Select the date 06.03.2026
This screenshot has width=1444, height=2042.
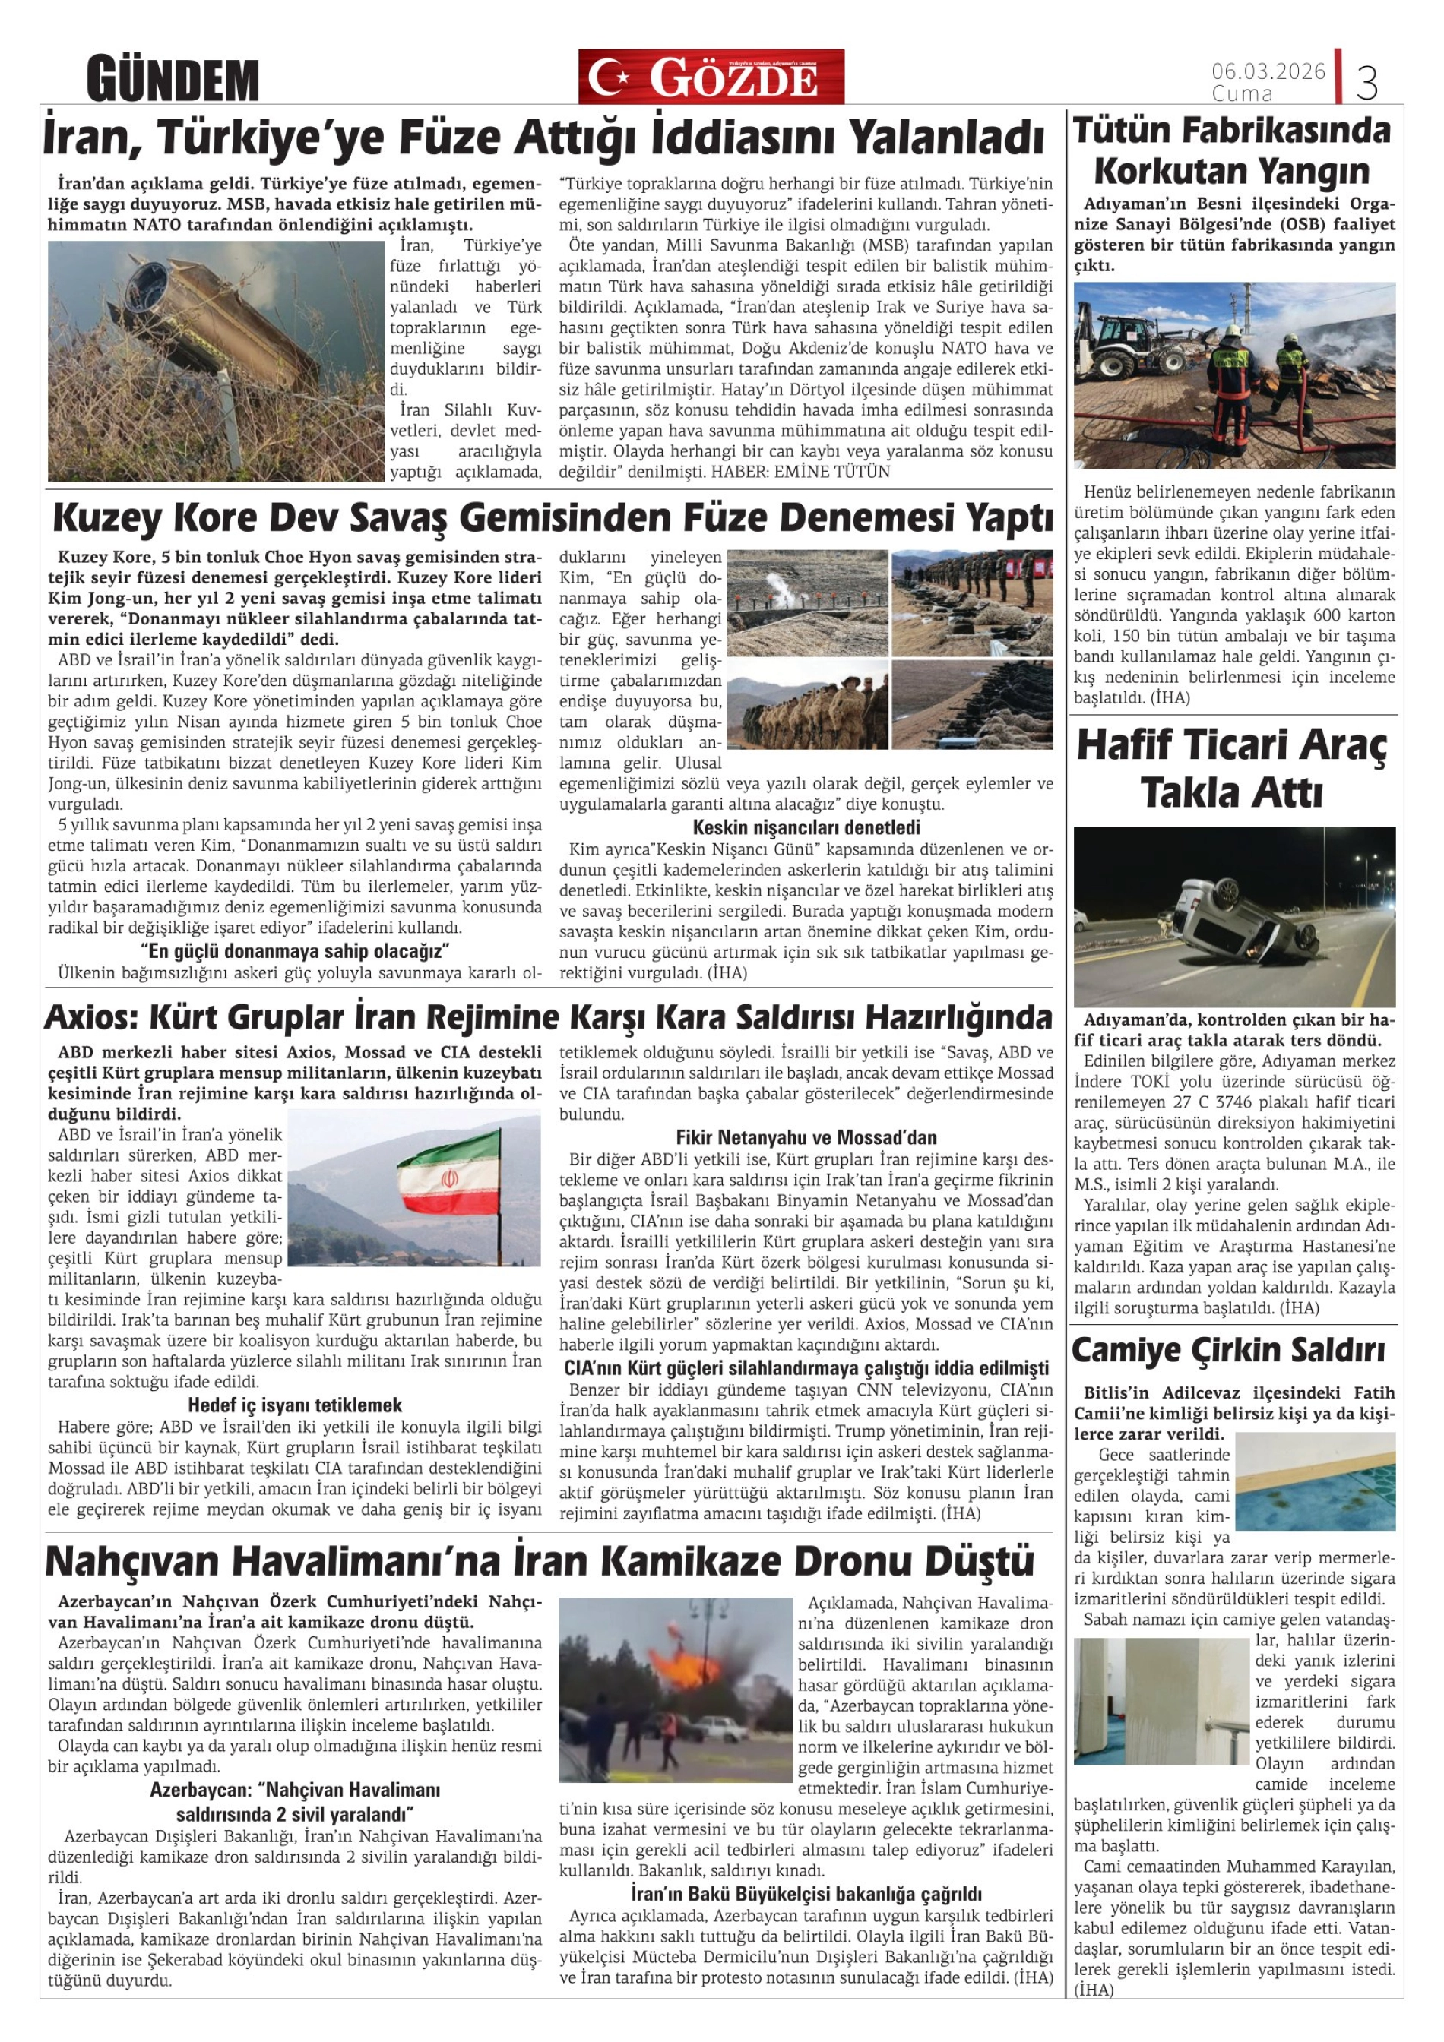[1268, 70]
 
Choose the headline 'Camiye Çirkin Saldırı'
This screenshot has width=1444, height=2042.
[1228, 1350]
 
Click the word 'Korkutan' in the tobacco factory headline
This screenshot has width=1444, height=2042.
[1156, 171]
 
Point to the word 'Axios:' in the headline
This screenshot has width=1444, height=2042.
[90, 1016]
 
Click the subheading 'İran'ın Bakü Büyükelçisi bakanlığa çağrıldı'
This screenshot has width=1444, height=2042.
[806, 1893]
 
